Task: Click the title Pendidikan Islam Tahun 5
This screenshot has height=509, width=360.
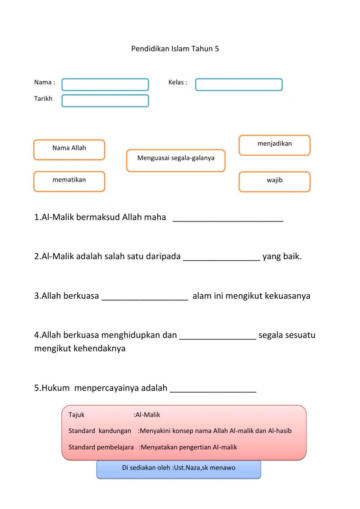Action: coord(175,49)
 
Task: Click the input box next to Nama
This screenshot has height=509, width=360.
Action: coord(105,85)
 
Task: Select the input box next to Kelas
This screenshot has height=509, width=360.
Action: coord(239,85)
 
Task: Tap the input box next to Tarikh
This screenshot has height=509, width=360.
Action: coord(105,101)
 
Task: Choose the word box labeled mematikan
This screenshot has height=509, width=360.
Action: coord(69,181)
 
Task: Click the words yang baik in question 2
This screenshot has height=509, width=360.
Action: coord(282,256)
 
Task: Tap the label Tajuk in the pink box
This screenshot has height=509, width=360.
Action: coord(76,415)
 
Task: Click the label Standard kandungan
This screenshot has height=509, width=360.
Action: coord(100,431)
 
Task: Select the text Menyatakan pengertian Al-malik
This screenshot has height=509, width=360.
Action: coord(189,447)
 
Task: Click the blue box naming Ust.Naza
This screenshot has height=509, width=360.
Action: coord(179,469)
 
